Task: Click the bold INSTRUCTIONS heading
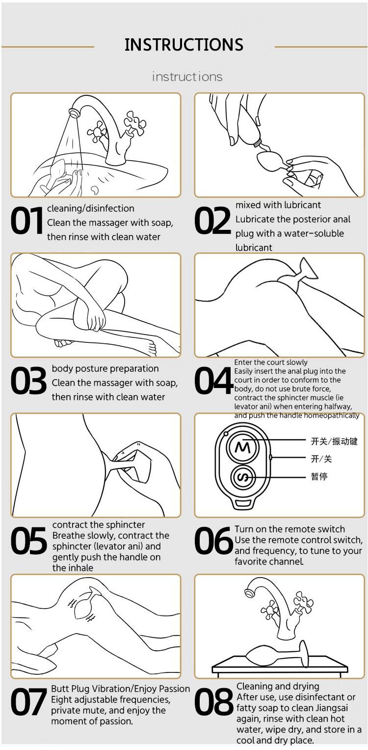(184, 45)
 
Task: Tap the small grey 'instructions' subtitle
(187, 77)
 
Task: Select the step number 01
(27, 221)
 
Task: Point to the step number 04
(213, 380)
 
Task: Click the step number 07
(28, 701)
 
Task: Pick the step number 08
(213, 701)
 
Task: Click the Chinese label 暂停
(319, 476)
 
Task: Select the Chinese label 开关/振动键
(334, 441)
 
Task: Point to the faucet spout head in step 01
(74, 112)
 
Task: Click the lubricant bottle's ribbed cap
(257, 142)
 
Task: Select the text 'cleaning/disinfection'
(91, 208)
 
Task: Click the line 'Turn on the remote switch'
(289, 529)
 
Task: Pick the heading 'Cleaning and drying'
(278, 686)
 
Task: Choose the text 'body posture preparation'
(105, 369)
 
